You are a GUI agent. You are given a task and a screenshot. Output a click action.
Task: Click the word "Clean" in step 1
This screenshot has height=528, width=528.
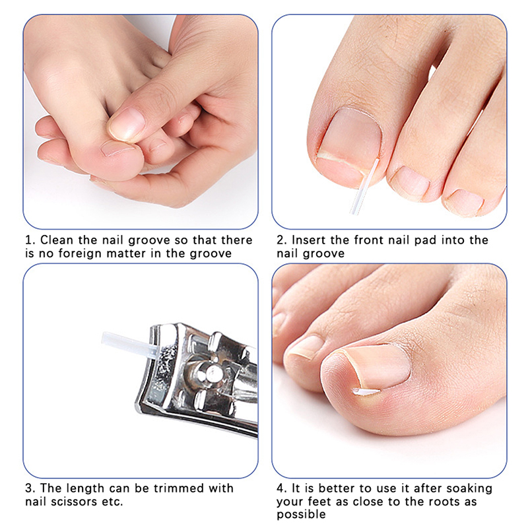click(x=57, y=240)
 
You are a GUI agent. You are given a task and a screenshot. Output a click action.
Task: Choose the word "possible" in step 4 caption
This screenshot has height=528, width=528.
click(x=301, y=515)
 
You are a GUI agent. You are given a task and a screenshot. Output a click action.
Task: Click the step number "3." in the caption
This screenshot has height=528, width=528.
click(x=30, y=488)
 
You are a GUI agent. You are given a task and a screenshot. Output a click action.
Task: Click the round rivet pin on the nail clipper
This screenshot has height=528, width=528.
click(x=213, y=372)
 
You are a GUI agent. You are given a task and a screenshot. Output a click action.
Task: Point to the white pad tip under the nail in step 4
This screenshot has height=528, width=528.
click(x=366, y=391)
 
